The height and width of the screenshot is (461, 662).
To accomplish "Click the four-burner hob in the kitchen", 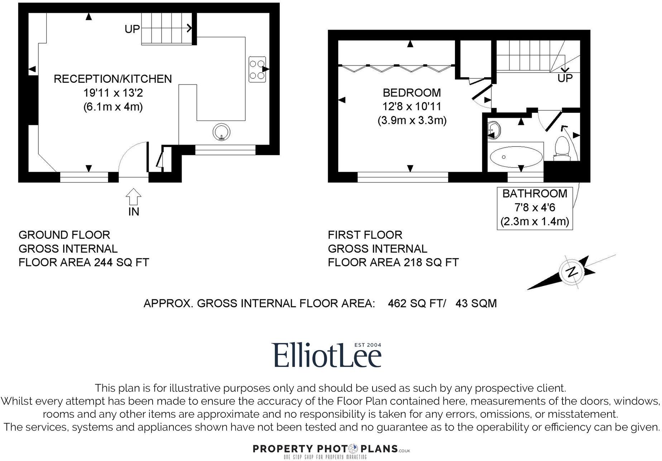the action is click(x=257, y=69).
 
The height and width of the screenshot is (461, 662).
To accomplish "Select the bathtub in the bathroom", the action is click(x=516, y=157).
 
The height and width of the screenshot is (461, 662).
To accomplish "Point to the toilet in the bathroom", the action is click(x=561, y=149).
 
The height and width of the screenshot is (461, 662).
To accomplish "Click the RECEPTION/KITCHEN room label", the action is click(x=113, y=79).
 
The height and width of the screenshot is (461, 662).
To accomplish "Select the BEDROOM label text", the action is click(x=412, y=93).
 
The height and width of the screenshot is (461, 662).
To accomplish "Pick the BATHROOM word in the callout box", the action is click(x=534, y=194).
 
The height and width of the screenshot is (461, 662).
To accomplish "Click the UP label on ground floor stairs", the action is click(x=132, y=29).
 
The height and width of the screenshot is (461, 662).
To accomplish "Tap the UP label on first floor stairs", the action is click(x=565, y=78).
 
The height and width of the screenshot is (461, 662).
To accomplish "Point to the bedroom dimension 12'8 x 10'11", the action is click(x=412, y=106).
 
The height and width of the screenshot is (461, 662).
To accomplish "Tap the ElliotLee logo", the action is click(x=326, y=355).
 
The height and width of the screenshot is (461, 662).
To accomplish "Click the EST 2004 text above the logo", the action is click(x=368, y=345).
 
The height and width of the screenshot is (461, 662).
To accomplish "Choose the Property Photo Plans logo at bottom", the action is click(x=331, y=449).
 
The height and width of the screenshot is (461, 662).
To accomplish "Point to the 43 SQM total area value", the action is click(x=476, y=304).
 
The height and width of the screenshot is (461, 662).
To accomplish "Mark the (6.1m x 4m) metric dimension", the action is click(x=113, y=107).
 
